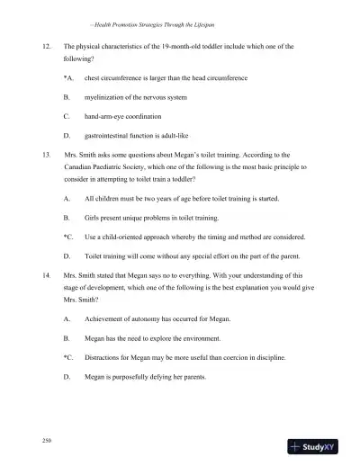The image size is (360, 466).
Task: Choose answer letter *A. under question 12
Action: point(67,78)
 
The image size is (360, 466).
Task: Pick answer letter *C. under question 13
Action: point(67,237)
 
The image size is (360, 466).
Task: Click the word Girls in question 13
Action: point(93,217)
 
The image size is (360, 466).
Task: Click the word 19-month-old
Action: point(194,44)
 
